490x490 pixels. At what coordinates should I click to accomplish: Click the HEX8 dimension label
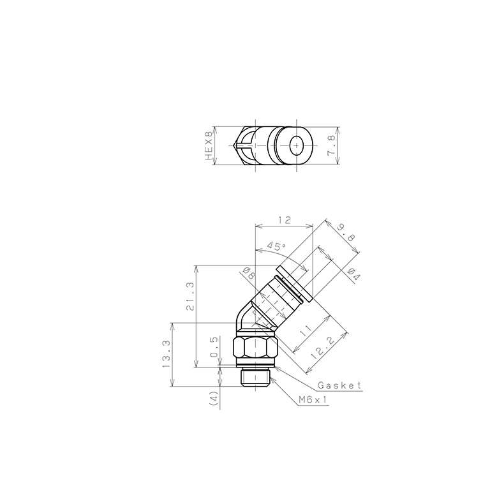(x=207, y=146)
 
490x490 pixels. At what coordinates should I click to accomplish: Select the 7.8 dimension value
(x=330, y=146)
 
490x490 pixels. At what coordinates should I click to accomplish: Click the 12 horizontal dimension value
(x=284, y=220)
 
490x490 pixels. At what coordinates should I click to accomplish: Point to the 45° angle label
(x=276, y=246)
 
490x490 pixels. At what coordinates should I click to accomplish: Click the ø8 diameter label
(x=248, y=275)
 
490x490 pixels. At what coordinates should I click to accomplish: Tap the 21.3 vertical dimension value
(x=189, y=297)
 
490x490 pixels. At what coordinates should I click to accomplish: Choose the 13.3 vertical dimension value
(x=166, y=354)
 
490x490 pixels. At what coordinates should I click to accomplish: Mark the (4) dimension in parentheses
(x=214, y=399)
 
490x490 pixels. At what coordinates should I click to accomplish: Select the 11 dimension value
(x=306, y=331)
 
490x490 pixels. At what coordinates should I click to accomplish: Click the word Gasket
(x=339, y=386)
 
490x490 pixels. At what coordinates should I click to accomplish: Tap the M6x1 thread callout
(x=313, y=400)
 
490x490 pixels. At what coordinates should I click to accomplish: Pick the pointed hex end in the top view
(x=241, y=146)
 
